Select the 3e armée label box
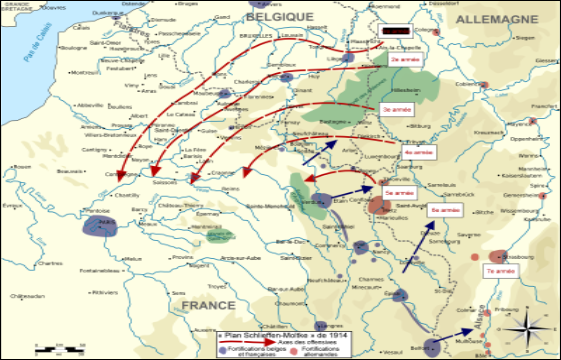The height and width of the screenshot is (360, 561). (x=394, y=107)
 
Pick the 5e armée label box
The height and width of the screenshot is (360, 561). (x=399, y=191)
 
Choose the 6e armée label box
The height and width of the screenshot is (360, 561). (x=445, y=212)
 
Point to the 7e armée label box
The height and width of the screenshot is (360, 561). (x=499, y=271)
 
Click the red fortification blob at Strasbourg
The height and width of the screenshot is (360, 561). (x=497, y=254)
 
